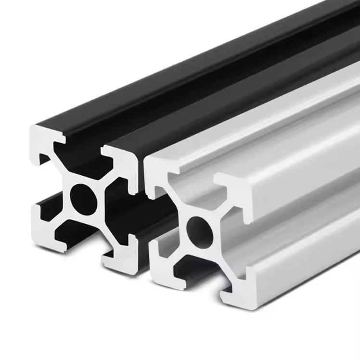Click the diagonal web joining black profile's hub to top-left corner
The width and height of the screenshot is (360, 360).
[60, 167]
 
